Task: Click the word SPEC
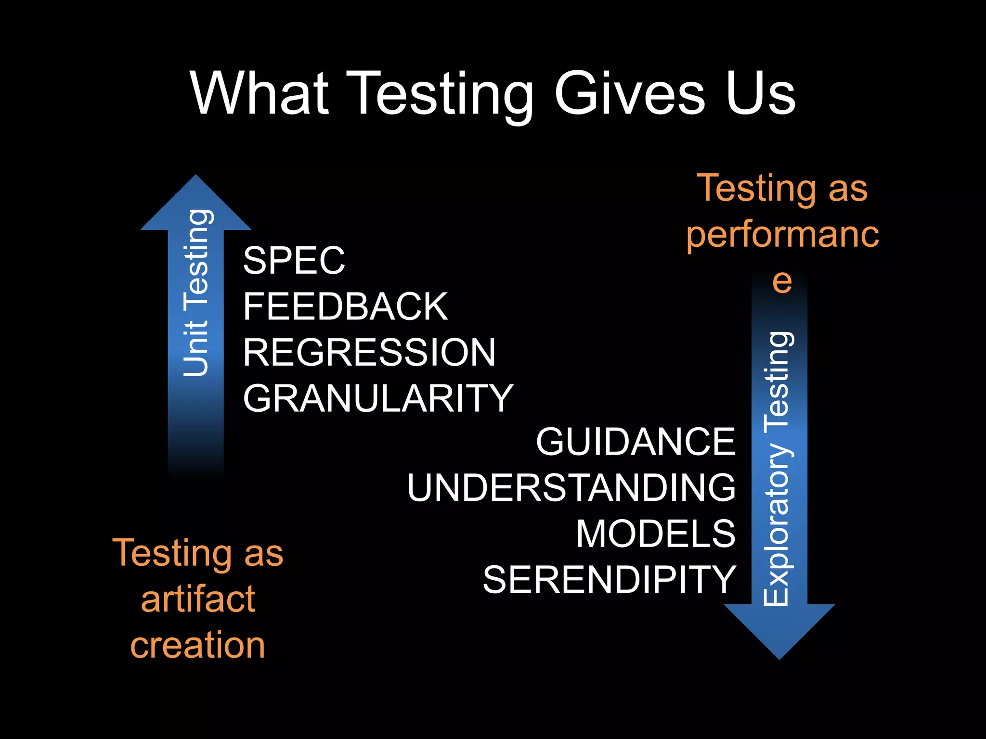[x=294, y=260]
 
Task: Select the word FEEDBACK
[x=345, y=306]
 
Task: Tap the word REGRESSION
[x=369, y=352]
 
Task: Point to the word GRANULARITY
[x=378, y=398]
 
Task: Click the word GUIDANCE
[x=636, y=441]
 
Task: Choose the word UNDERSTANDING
[x=571, y=487]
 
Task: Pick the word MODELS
[x=656, y=534]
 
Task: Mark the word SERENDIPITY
[x=610, y=579]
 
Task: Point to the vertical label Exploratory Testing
[x=777, y=468]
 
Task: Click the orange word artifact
[x=198, y=599]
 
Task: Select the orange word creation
[x=197, y=645]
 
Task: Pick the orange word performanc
[x=782, y=234]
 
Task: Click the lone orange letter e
[x=782, y=281]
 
